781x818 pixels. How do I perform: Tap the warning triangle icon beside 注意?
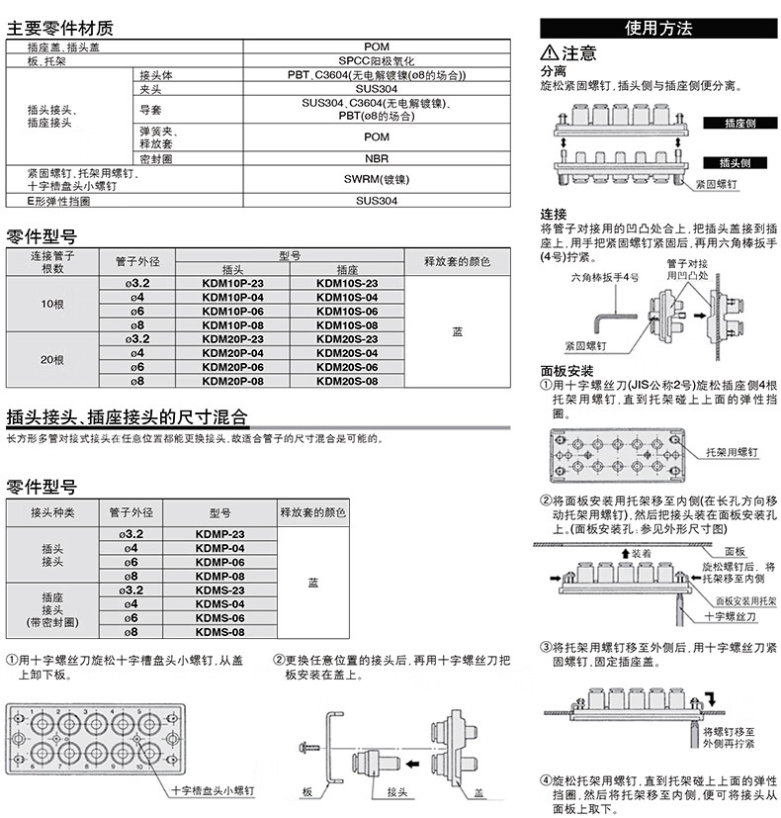(x=549, y=53)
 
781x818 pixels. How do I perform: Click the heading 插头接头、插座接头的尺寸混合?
(x=127, y=415)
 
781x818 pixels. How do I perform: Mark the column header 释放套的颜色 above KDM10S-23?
(x=456, y=262)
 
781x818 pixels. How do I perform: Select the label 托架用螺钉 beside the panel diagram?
(x=733, y=451)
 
